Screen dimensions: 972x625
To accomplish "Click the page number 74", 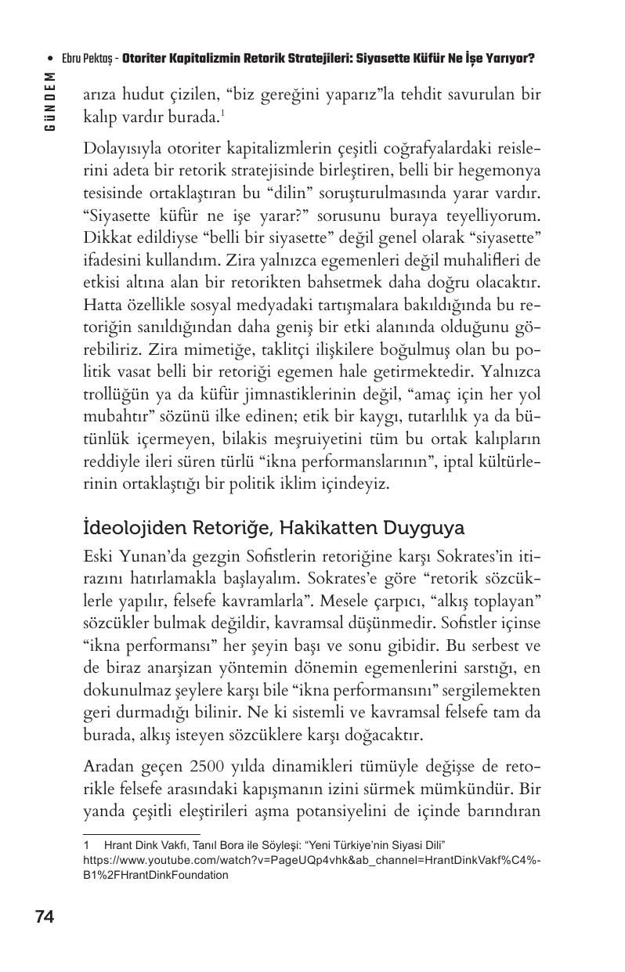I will [45, 916].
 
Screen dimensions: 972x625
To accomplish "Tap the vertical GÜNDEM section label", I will [50, 100].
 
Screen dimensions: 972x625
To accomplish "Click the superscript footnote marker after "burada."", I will [223, 113].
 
